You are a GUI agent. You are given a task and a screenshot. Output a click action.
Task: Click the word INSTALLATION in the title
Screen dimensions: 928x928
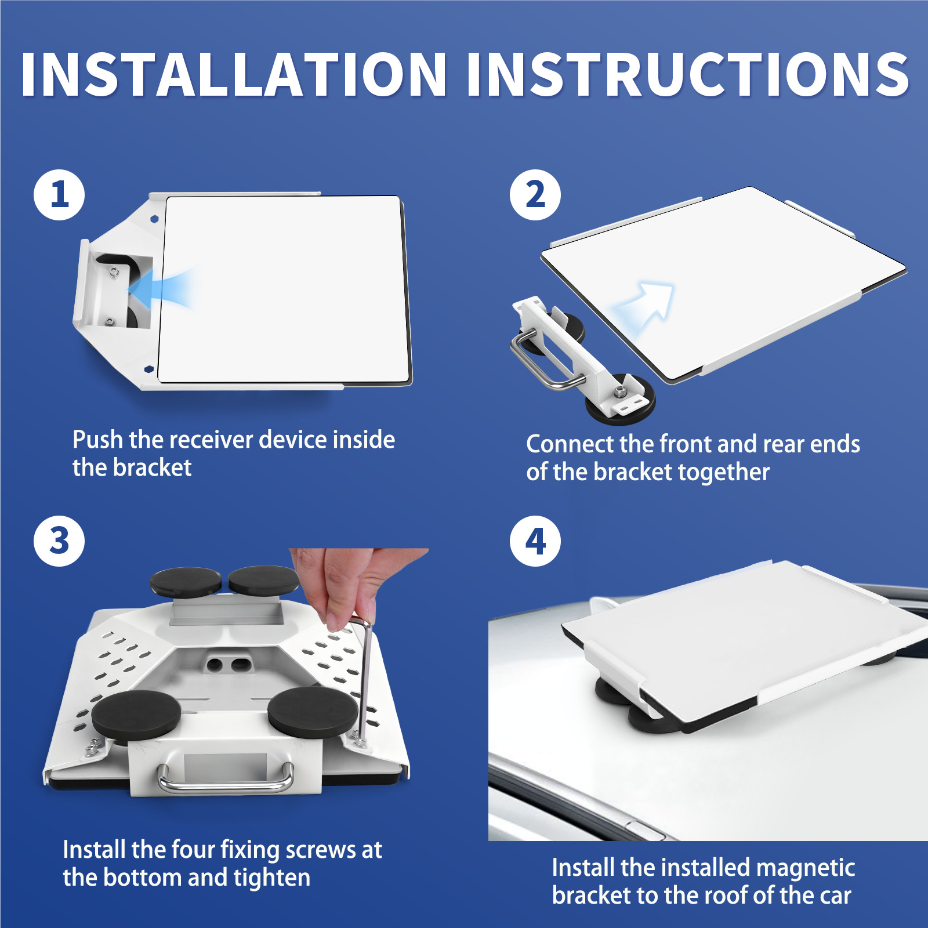click(x=234, y=74)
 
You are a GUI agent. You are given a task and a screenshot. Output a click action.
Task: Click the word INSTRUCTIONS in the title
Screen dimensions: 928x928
click(x=688, y=74)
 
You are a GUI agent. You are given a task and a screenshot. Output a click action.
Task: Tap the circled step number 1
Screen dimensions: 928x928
click(x=59, y=194)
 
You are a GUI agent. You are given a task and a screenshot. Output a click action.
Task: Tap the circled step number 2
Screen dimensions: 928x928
click(x=535, y=194)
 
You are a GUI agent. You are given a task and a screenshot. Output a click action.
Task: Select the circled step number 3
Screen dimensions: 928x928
click(x=59, y=541)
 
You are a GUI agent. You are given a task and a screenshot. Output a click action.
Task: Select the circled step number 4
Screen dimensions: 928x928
click(x=535, y=541)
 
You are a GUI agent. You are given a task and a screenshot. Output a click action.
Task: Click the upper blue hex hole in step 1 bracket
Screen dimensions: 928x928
click(x=154, y=219)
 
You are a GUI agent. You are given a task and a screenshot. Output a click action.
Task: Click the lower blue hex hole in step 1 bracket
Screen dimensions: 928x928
click(x=148, y=368)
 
